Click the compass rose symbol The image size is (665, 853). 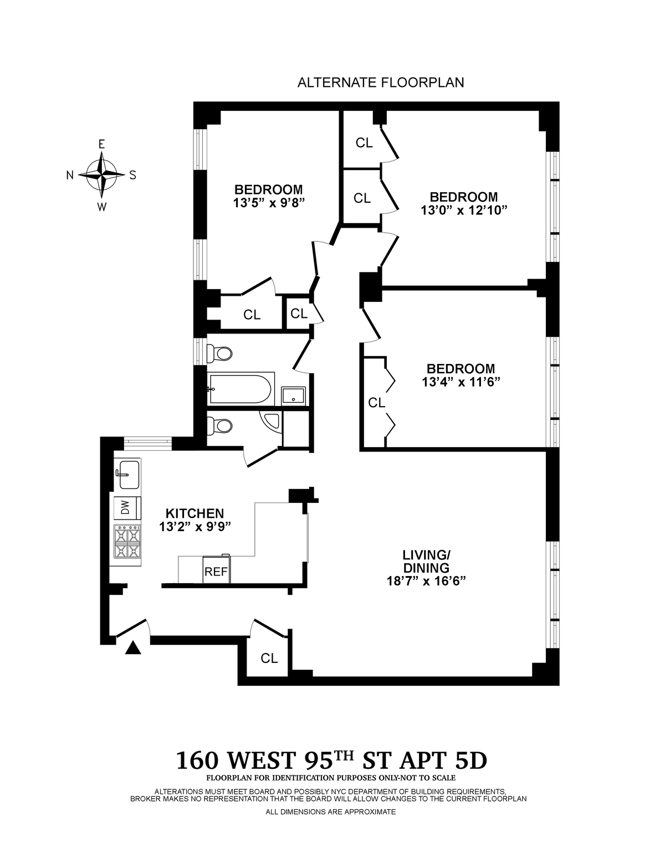point(101,175)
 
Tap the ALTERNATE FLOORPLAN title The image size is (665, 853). point(380,83)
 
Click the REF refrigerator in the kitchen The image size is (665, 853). point(216,572)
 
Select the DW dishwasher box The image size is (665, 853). point(127,509)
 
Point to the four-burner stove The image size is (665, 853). point(127,542)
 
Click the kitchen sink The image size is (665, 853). point(128,474)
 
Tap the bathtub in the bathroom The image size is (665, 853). point(240,389)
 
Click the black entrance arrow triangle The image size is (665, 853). point(132,648)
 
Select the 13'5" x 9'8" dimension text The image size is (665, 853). point(269,203)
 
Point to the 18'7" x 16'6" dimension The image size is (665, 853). point(426,580)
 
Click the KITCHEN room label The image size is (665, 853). point(195,513)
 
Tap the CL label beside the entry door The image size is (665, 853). point(269,658)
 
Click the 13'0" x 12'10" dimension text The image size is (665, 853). point(464,210)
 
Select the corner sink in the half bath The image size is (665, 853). point(270,423)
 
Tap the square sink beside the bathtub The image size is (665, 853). point(293,396)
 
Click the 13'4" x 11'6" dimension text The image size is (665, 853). point(461,382)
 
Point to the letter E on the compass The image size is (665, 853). point(101,145)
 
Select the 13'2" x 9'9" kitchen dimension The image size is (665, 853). point(195,526)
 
